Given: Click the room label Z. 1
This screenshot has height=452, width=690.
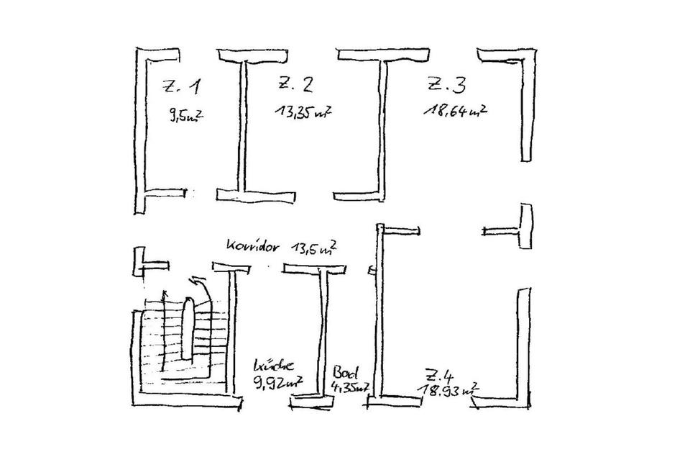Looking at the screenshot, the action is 182,88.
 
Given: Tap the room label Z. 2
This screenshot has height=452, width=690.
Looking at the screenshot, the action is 295,85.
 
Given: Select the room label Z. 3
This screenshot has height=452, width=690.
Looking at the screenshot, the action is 446,85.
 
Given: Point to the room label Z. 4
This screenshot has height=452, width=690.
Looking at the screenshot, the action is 438,376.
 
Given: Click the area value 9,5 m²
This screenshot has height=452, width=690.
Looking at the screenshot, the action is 184,115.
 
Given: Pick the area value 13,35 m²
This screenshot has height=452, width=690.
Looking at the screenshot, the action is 302,112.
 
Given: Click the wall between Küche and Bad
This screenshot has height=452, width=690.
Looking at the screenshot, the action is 321,331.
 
